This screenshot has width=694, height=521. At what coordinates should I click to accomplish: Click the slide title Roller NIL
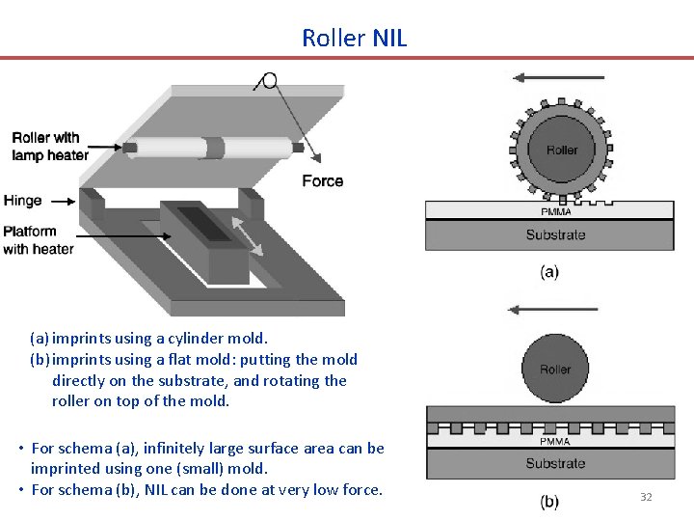[x=354, y=38]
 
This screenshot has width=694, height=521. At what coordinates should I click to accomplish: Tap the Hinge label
[x=23, y=201]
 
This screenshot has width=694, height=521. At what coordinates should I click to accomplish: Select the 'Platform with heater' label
[x=39, y=240]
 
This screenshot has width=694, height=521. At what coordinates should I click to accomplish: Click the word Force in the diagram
[x=322, y=181]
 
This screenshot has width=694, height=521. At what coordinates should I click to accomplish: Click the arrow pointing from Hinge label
[x=61, y=202]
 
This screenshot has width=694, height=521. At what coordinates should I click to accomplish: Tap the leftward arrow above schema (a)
[x=558, y=77]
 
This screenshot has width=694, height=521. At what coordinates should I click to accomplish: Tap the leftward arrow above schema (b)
[x=553, y=310]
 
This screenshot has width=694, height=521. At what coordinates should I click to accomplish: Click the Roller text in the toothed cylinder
[x=562, y=150]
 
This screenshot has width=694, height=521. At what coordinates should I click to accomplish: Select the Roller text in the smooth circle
[x=555, y=370]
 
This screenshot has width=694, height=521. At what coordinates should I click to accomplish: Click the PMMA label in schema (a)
[x=555, y=211]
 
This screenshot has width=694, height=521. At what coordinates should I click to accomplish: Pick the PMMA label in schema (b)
[x=554, y=442]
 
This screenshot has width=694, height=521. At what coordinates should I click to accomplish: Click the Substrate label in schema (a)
[x=555, y=234]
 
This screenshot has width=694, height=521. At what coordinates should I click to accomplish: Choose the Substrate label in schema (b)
[x=555, y=464]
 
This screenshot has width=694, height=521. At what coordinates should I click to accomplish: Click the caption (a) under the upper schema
[x=548, y=272]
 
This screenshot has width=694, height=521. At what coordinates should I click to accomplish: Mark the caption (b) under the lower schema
[x=548, y=502]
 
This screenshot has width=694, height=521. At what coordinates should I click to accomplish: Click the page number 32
[x=646, y=497]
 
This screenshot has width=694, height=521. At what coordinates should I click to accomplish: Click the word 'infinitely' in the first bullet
[x=178, y=448]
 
